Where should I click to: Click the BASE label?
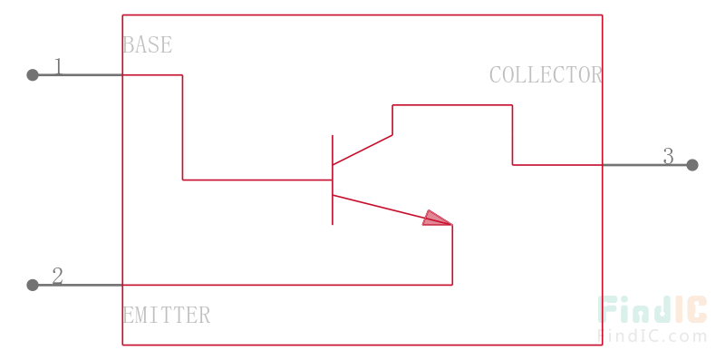coord(148,44)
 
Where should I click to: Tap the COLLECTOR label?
coord(546,75)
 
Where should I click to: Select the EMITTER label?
coord(167,316)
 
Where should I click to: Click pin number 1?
coord(58,66)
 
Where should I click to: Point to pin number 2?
coord(57,277)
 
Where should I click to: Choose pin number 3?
coord(669,156)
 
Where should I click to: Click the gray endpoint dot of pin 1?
coord(33,75)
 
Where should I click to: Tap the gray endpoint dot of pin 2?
coord(33,285)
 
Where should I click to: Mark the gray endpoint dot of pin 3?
coord(692,165)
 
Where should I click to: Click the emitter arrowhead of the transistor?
coord(438,219)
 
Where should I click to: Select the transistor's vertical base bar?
coord(333,180)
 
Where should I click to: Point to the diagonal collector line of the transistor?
coord(362,150)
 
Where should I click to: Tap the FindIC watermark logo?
coord(652,309)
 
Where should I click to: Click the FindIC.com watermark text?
coord(652,336)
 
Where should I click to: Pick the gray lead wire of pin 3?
coord(647,165)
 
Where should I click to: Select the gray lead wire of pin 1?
coord(77,75)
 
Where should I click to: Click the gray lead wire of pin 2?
coord(77,285)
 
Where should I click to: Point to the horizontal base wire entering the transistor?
coord(257,180)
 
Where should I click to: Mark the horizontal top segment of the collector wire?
coord(452,105)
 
